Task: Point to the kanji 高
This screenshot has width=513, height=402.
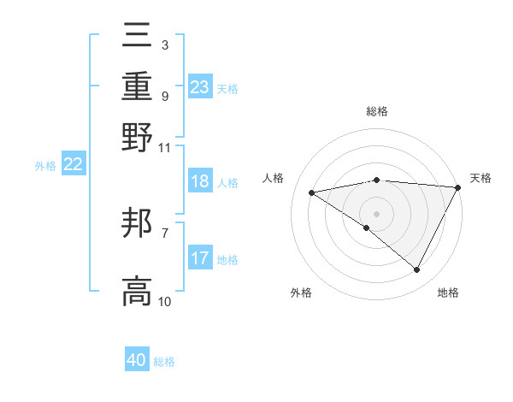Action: click(138, 291)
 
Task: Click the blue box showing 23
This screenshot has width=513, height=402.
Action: click(200, 87)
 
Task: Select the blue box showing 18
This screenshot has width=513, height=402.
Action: click(200, 181)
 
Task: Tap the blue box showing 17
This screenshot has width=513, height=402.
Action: click(200, 258)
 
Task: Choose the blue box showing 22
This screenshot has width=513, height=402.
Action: click(73, 165)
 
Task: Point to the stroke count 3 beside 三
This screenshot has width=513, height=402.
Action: click(164, 44)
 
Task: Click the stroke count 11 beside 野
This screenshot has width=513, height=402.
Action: click(165, 147)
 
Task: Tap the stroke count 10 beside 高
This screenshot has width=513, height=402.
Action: click(165, 302)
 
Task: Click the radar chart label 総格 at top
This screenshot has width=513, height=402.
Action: click(377, 111)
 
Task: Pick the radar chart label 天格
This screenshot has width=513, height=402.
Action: click(481, 178)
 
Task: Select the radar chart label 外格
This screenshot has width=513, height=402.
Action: click(300, 293)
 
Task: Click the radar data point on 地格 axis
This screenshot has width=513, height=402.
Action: click(417, 270)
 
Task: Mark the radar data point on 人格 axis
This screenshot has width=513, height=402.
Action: click(311, 192)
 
